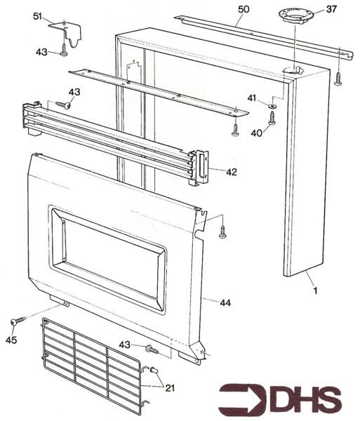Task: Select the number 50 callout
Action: pos(243,9)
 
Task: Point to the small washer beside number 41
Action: pos(271,105)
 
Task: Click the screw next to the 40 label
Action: pos(272,118)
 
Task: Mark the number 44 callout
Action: pos(225,302)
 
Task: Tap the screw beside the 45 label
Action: pos(17,321)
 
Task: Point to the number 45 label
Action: pos(10,342)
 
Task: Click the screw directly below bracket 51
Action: pos(63,50)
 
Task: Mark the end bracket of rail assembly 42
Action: pos(200,167)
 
